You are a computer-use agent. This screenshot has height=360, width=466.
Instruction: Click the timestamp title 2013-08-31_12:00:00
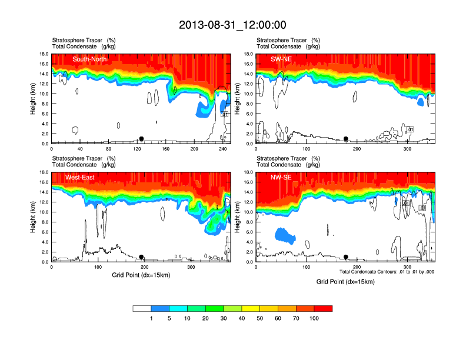[232, 25]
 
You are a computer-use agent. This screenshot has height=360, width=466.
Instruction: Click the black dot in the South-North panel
[141, 139]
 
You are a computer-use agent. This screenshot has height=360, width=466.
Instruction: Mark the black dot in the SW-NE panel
[346, 139]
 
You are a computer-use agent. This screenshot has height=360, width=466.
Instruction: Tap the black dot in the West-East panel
[141, 257]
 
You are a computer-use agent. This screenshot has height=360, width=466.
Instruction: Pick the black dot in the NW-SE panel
[346, 257]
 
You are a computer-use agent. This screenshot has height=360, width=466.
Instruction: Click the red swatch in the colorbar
[323, 308]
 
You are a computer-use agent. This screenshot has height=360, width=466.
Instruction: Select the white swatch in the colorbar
[142, 308]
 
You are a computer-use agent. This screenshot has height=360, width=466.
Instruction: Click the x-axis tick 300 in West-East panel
[191, 267]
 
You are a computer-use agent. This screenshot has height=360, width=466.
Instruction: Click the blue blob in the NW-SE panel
[285, 236]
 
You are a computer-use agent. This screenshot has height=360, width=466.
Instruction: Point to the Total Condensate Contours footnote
[387, 272]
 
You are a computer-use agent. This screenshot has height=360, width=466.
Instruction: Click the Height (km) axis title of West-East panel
[35, 217]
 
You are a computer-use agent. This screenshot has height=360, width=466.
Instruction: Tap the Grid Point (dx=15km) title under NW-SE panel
[345, 282]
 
